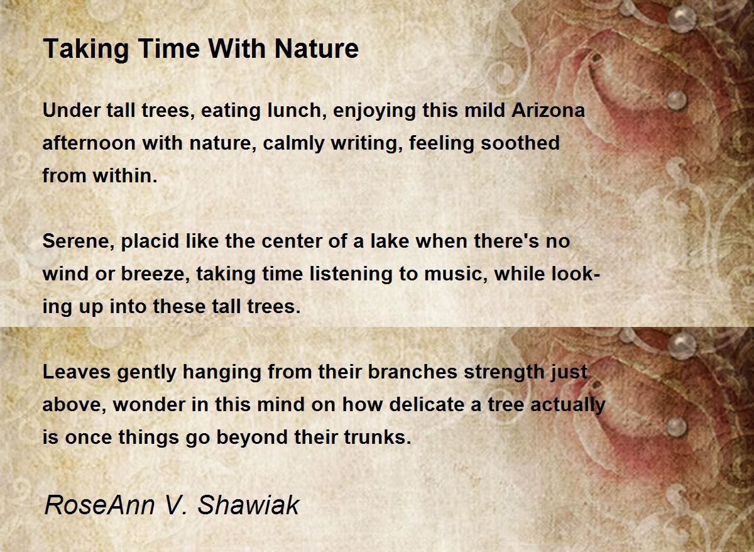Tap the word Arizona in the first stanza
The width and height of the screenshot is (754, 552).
tap(548, 111)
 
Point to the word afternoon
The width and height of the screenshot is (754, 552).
tap(89, 143)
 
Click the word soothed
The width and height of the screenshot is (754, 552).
tap(520, 143)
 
